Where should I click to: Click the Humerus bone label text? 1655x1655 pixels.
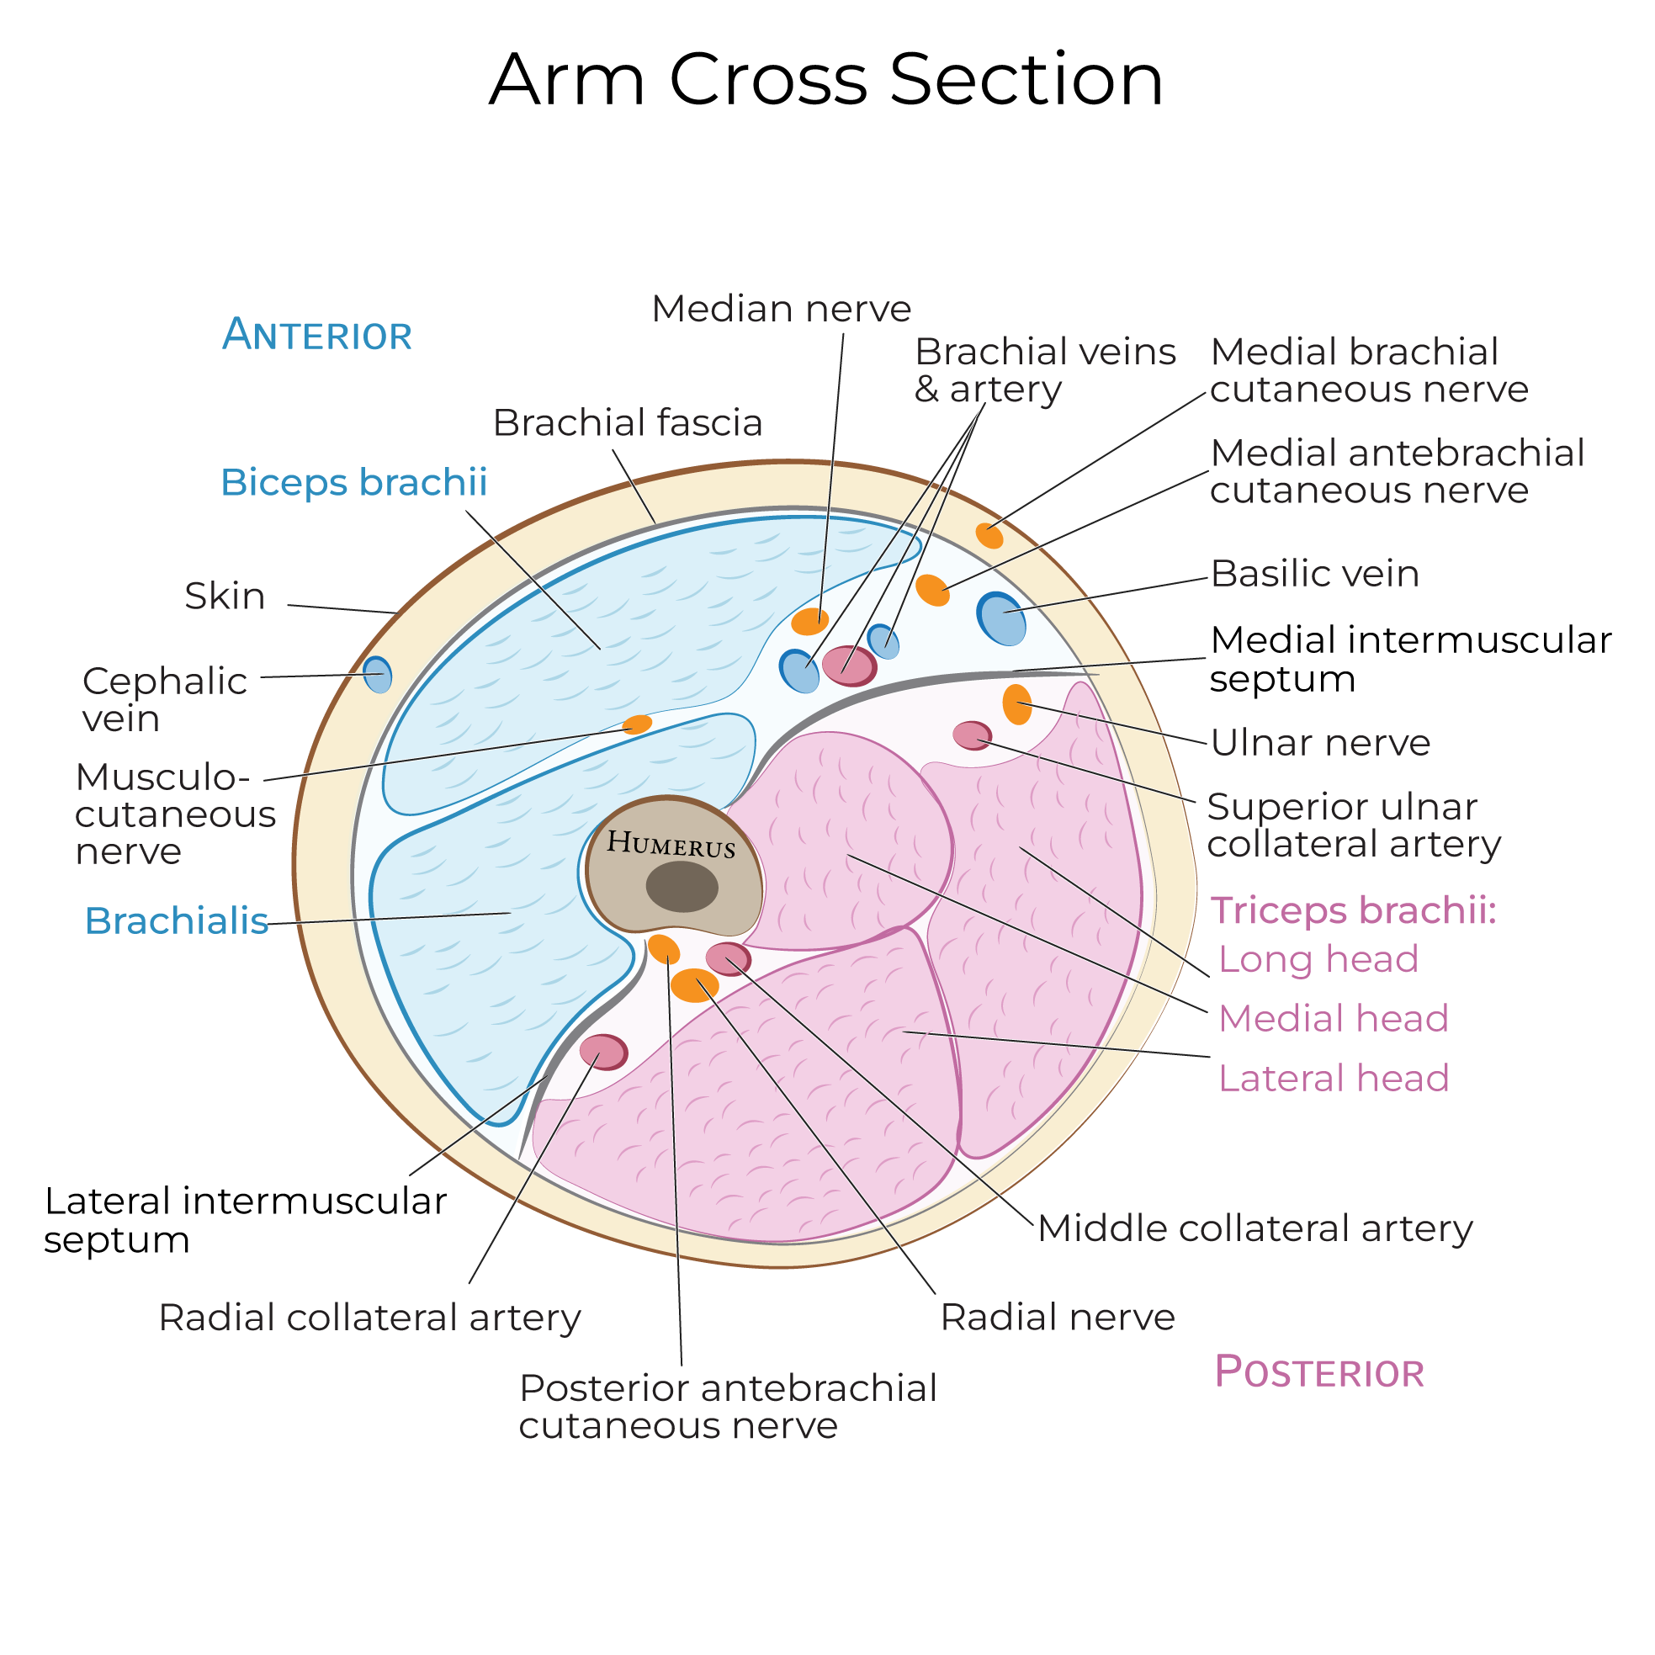tap(671, 845)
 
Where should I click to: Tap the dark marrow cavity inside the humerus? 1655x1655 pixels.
tap(682, 887)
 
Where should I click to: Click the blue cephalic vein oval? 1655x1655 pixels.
tap(378, 675)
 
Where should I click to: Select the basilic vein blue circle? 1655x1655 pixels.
tap(1001, 618)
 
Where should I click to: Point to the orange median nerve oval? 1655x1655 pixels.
tap(809, 621)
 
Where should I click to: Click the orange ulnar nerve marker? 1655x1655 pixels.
tap(1017, 704)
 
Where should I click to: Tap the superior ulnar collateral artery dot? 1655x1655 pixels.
tap(973, 735)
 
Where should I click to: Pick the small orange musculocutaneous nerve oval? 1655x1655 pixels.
tap(636, 724)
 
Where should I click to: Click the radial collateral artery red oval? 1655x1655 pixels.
tap(604, 1052)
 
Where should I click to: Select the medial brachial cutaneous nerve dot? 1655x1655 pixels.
tap(989, 536)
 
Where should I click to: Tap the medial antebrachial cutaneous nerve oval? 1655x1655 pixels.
tap(933, 590)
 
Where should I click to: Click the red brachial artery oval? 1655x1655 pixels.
tap(849, 666)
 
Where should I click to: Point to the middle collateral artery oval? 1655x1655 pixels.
tap(728, 958)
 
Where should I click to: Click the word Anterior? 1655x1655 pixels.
tap(317, 335)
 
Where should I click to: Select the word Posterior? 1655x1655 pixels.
tap(1319, 1372)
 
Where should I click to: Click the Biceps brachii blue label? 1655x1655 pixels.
tap(353, 482)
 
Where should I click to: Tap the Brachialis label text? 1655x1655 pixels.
tap(177, 920)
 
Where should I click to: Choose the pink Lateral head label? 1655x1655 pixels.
tap(1333, 1078)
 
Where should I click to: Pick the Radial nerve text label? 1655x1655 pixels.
tap(1057, 1318)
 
